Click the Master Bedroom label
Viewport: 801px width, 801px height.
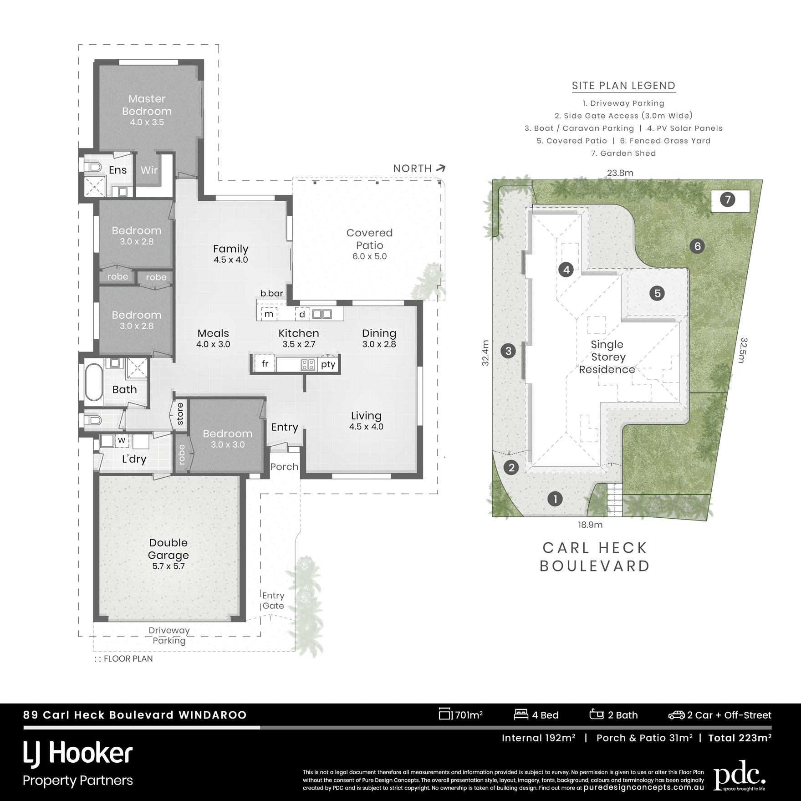click(147, 105)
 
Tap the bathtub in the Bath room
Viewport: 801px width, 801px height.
click(93, 381)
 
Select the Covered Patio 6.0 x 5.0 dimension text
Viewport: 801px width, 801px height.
click(369, 256)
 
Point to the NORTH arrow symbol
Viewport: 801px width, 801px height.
click(440, 168)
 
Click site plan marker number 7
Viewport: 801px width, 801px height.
click(727, 199)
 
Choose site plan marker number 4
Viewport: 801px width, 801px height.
click(566, 270)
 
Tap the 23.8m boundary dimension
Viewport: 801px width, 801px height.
click(620, 173)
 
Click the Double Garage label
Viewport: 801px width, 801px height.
click(168, 549)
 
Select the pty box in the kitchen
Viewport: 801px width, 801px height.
click(328, 364)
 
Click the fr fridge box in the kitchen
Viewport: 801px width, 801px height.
click(265, 364)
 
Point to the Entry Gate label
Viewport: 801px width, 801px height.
click(273, 600)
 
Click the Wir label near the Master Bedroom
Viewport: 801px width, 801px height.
click(149, 170)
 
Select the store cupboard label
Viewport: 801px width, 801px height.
click(180, 413)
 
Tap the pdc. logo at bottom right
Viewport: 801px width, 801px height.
click(739, 775)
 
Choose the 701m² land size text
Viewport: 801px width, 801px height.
click(468, 715)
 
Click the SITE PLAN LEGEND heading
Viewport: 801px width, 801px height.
click(623, 86)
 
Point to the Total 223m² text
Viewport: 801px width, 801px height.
click(740, 738)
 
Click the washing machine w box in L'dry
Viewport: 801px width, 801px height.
click(122, 440)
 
